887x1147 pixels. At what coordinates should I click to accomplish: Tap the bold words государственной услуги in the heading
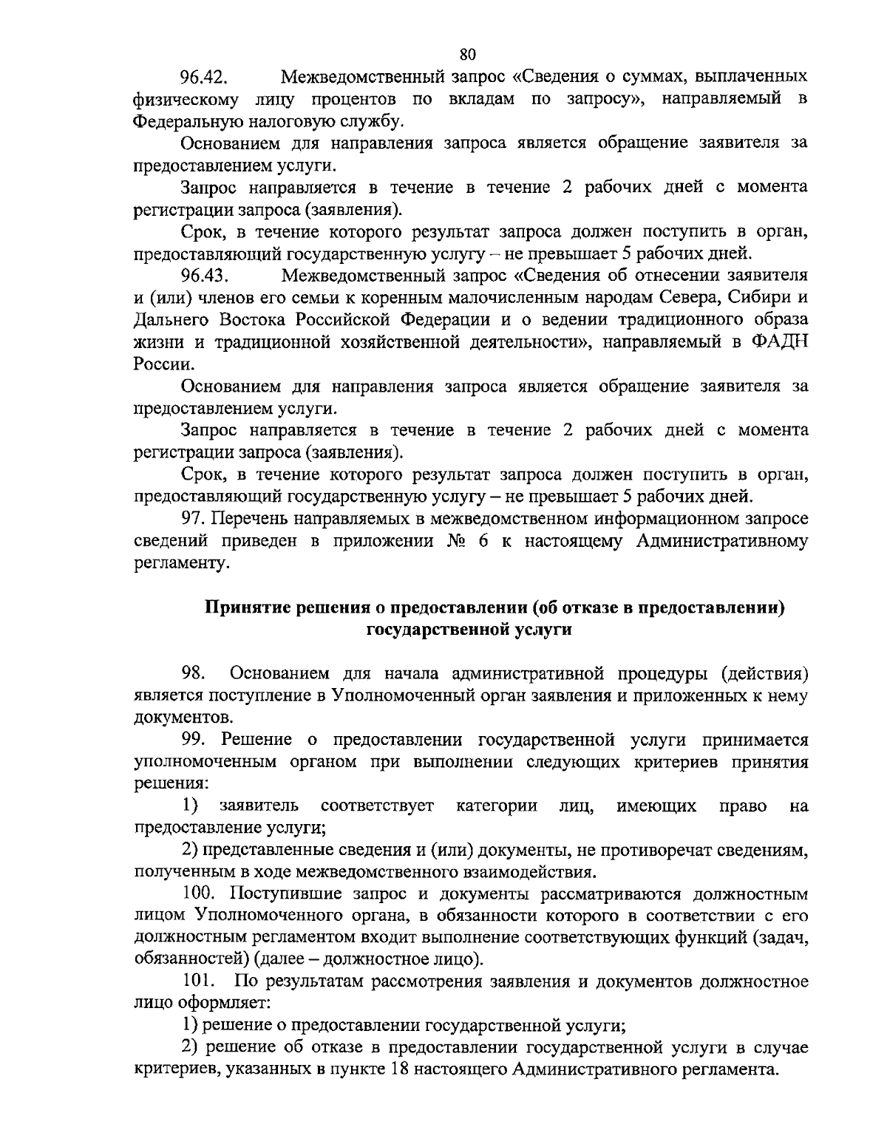[469, 630]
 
